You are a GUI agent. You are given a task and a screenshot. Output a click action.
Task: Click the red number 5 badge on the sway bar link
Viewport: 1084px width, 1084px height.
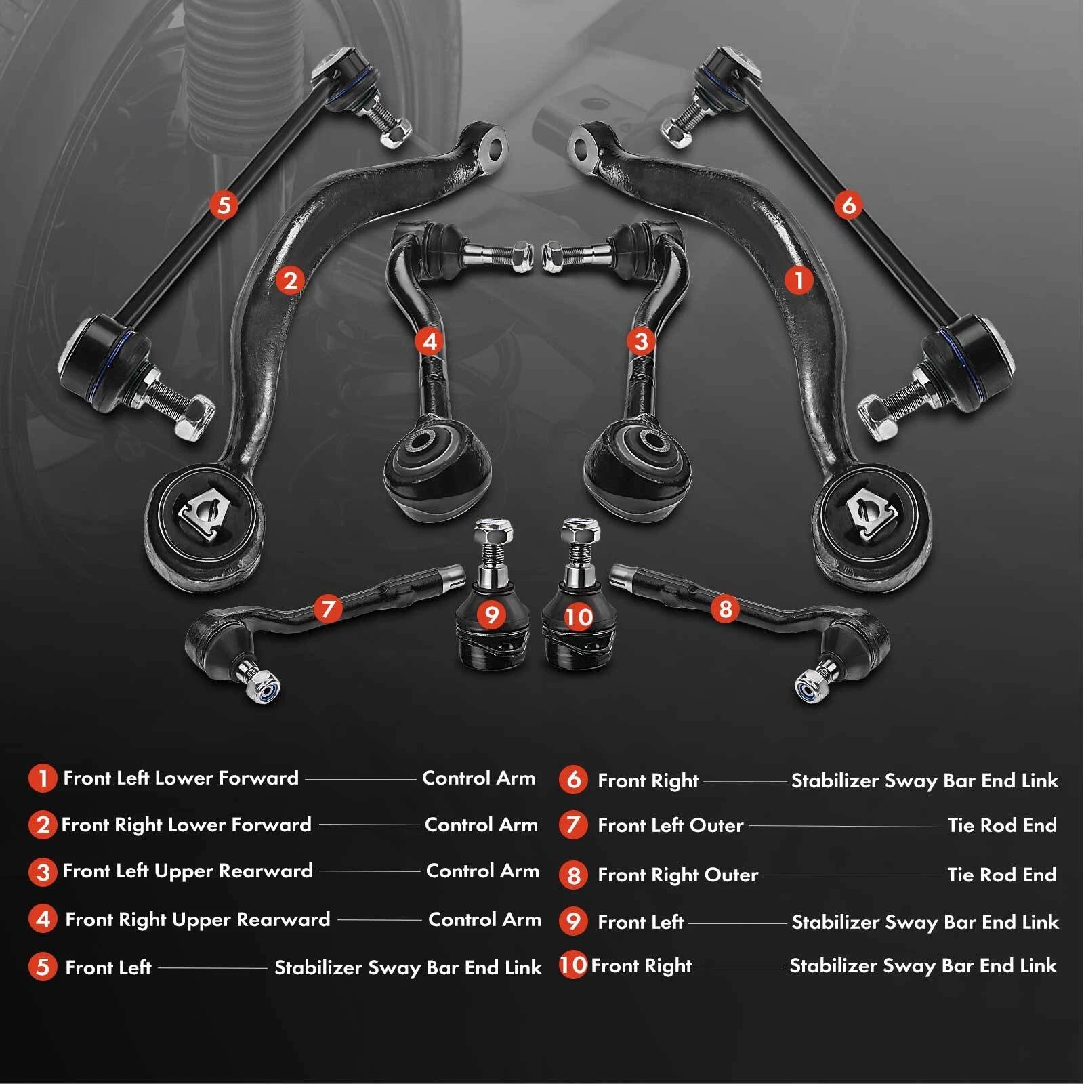224,204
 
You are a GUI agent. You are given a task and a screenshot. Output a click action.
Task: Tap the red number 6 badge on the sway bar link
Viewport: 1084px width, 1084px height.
848,204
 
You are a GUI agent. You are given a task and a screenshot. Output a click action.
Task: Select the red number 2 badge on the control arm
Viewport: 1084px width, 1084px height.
291,280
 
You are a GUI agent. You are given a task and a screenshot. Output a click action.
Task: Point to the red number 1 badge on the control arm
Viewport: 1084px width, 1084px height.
798,279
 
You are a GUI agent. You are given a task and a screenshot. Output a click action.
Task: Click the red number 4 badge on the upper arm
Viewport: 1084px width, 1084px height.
430,341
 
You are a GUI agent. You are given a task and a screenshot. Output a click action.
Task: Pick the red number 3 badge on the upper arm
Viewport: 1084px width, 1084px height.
641,341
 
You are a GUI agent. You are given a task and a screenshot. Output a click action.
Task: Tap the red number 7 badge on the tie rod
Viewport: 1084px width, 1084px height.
328,608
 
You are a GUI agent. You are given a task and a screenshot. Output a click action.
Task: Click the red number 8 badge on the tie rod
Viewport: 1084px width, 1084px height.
725,608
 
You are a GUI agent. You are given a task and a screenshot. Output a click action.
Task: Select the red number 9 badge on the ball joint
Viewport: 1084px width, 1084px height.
491,614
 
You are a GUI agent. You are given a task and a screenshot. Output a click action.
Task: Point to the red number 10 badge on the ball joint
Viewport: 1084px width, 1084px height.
578,617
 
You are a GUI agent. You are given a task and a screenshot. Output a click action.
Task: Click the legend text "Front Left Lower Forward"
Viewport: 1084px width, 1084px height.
180,778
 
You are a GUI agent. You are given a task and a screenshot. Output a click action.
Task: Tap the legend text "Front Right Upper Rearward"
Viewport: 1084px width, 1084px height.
197,919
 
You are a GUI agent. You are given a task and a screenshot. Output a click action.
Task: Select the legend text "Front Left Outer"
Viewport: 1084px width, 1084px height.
670,825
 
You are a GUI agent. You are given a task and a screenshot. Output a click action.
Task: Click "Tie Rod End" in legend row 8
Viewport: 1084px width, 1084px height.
1001,875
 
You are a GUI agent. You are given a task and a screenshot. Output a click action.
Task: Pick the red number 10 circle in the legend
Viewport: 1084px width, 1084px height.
572,965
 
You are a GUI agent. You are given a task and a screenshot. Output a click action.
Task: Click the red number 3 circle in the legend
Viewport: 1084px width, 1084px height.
43,871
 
